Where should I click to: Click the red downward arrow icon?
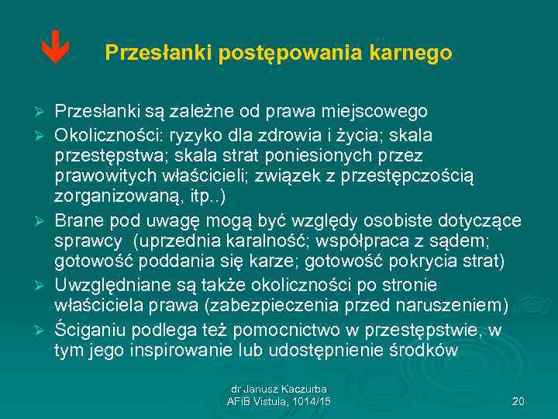pos(55,51)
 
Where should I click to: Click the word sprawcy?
pos(85,241)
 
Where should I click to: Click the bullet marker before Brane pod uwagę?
pos(43,220)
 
